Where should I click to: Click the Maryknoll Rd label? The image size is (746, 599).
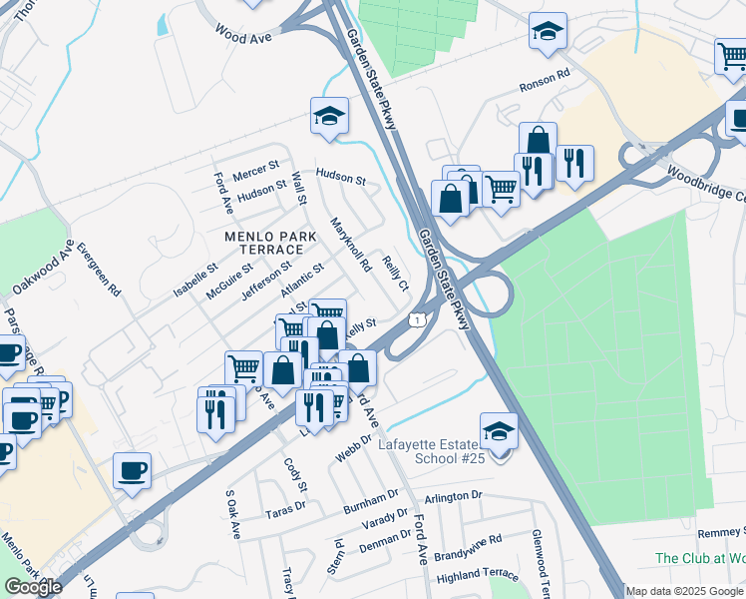coord(350,246)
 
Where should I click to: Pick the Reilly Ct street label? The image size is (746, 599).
coord(396,272)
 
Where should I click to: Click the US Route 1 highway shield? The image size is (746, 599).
coord(417,318)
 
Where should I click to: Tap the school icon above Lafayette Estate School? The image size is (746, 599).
coord(499,432)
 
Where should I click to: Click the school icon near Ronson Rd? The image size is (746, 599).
coord(548,33)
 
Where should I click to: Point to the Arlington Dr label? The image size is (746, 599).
coord(453,496)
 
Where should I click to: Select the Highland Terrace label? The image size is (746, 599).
coord(478,575)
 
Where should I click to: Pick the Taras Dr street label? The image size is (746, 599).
coord(285,507)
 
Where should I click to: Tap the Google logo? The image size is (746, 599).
coord(33,587)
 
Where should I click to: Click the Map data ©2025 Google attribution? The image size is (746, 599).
coord(684,591)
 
